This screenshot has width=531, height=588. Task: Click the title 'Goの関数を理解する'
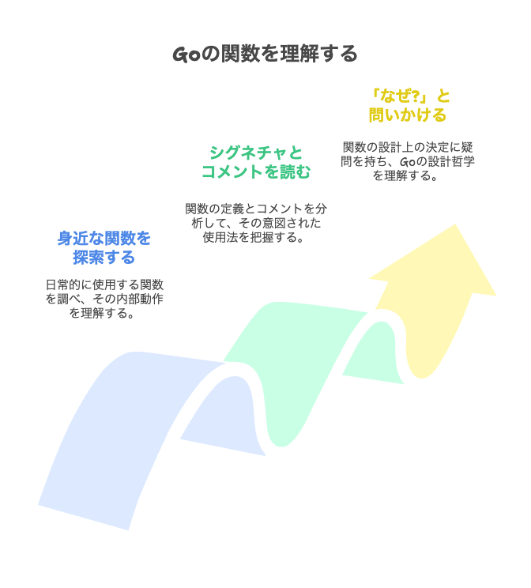pos(265,54)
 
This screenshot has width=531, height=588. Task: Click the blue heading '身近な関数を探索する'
pos(104,247)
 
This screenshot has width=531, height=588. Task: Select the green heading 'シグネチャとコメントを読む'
pos(256,162)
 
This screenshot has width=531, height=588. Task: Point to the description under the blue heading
pos(104,298)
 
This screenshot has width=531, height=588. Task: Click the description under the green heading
pos(256,223)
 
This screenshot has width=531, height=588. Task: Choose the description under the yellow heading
pos(408,162)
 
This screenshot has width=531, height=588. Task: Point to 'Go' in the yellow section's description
pos(408,162)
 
